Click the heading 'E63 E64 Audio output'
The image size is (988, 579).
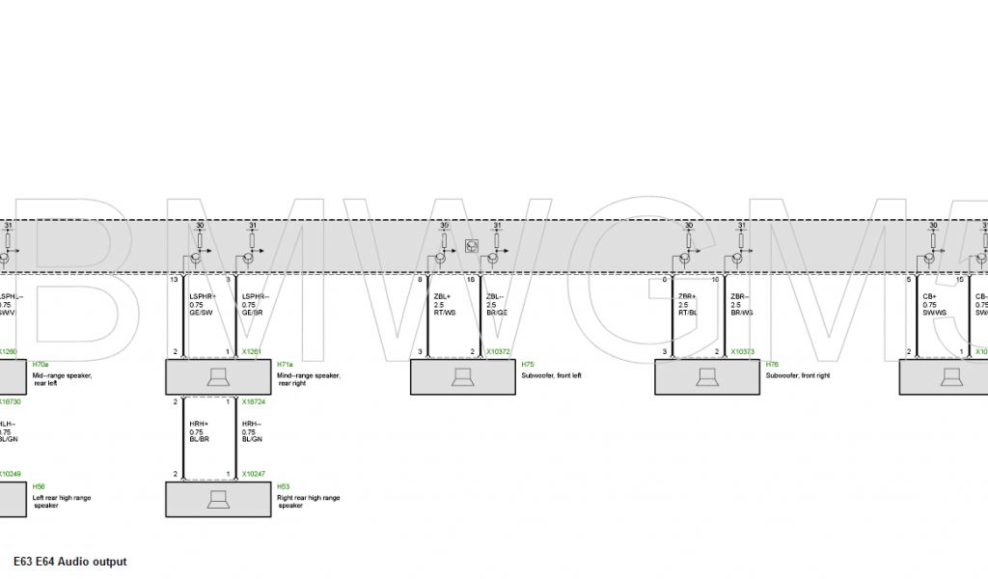tap(69, 562)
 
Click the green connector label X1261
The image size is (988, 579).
tap(252, 352)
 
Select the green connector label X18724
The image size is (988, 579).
tap(254, 401)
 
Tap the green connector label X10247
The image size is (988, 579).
tap(254, 475)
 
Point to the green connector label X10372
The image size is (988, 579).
tap(499, 352)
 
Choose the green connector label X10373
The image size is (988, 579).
tap(743, 352)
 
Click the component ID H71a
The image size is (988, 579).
tap(285, 365)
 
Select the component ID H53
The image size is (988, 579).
tap(283, 486)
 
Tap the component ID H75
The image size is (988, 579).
tap(527, 365)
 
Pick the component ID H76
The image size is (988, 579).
tap(771, 365)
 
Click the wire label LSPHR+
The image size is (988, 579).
tap(202, 296)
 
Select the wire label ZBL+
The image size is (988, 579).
tap(443, 296)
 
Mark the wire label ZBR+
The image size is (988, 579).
tap(687, 296)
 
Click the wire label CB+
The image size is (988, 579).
tap(929, 296)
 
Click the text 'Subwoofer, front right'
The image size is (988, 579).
tap(796, 375)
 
